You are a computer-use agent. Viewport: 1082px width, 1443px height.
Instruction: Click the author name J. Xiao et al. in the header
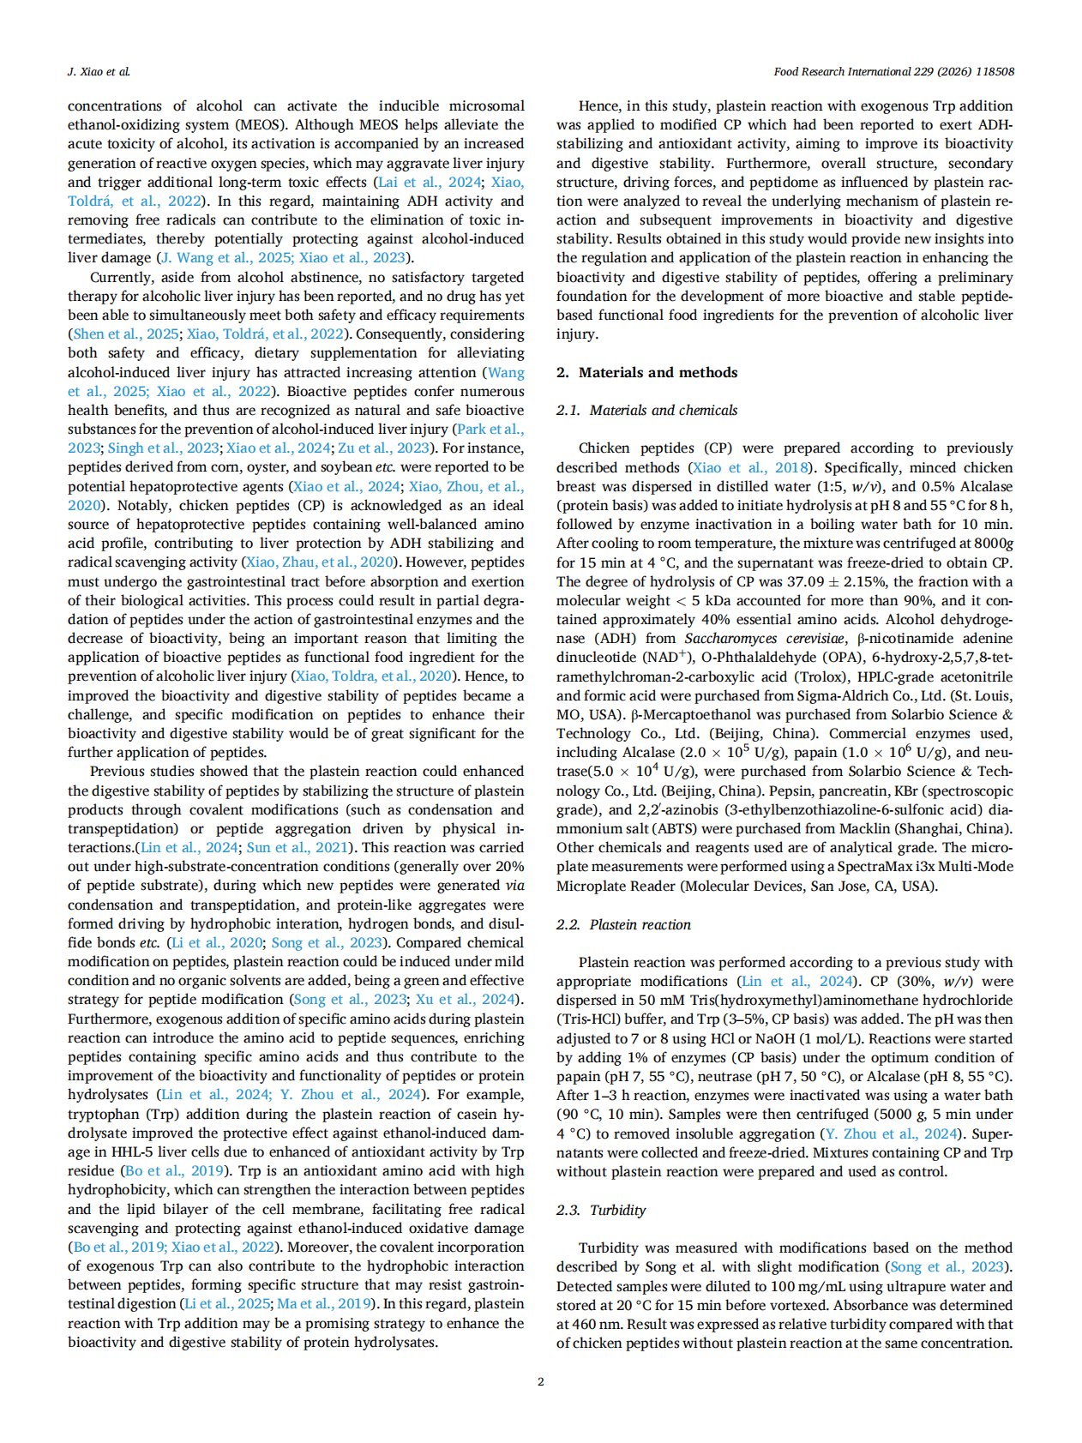coord(99,71)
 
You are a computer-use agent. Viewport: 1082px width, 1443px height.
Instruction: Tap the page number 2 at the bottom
coord(540,1380)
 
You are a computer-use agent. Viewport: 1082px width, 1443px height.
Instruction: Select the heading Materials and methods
coord(658,372)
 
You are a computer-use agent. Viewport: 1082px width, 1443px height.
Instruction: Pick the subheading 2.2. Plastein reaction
coord(623,924)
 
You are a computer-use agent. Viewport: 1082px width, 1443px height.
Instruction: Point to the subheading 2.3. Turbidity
coord(601,1210)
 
